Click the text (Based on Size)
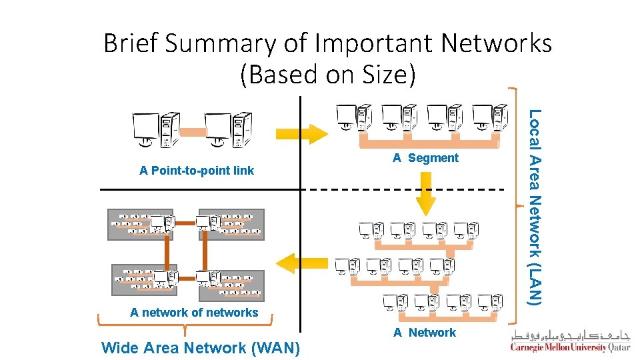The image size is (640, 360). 327,74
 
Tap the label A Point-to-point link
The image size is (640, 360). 196,171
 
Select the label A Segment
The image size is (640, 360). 425,158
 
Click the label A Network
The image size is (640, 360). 424,333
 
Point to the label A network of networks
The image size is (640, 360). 194,313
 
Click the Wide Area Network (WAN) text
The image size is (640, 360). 200,347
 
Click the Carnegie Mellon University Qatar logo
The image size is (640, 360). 571,341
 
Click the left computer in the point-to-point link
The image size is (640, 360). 155,129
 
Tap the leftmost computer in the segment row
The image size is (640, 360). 353,118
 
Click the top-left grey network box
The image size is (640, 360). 141,225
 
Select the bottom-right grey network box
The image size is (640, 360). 231,284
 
